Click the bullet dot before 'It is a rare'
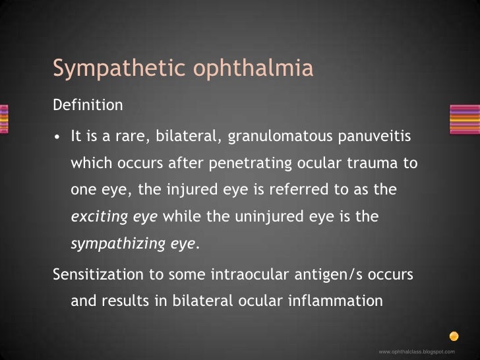coord(58,137)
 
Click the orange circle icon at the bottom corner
coord(454,334)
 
